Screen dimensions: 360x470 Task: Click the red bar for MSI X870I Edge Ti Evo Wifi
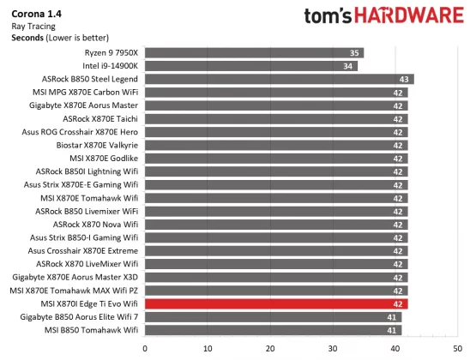click(276, 303)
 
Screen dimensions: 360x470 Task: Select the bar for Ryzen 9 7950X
click(254, 53)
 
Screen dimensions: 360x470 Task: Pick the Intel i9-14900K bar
click(250, 66)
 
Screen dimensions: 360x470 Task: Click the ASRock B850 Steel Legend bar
click(279, 79)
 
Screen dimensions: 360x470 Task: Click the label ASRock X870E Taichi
click(99, 118)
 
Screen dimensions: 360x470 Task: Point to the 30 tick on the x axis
click(333, 348)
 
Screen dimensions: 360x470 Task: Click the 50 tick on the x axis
click(457, 348)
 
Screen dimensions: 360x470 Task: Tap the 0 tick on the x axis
click(145, 348)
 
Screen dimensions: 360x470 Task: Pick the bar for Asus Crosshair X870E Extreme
click(276, 250)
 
